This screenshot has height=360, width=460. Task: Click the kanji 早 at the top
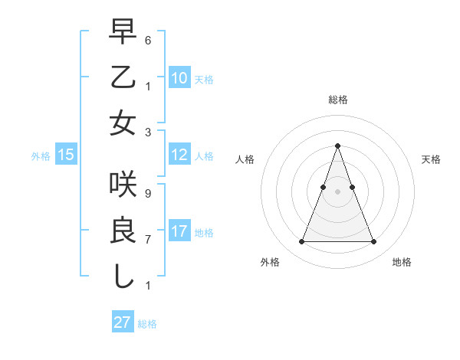coord(123,32)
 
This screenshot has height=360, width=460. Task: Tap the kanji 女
coord(123,123)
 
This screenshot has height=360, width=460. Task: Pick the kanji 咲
coord(123,185)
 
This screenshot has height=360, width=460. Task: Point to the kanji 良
coord(123,230)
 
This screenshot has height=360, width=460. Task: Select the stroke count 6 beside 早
coord(148,40)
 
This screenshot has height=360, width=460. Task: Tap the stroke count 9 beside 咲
coord(148,193)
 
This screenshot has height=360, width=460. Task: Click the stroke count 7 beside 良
coord(148,240)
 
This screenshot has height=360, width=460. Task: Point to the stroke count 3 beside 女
coord(148,132)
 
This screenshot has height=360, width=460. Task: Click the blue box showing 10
coord(179,78)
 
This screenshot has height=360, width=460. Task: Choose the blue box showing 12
coord(179,155)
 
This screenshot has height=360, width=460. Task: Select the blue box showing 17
coord(179,231)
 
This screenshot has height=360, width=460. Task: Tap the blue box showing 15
coord(66,155)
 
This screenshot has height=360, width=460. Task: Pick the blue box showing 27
coord(123,322)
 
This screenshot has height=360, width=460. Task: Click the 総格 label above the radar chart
coord(338,100)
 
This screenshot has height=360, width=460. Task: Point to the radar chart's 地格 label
coord(402,262)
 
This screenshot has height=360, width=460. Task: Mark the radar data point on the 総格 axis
coord(338,146)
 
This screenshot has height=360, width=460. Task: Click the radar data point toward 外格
coord(301,242)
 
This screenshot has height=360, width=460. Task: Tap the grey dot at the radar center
coord(338,191)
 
